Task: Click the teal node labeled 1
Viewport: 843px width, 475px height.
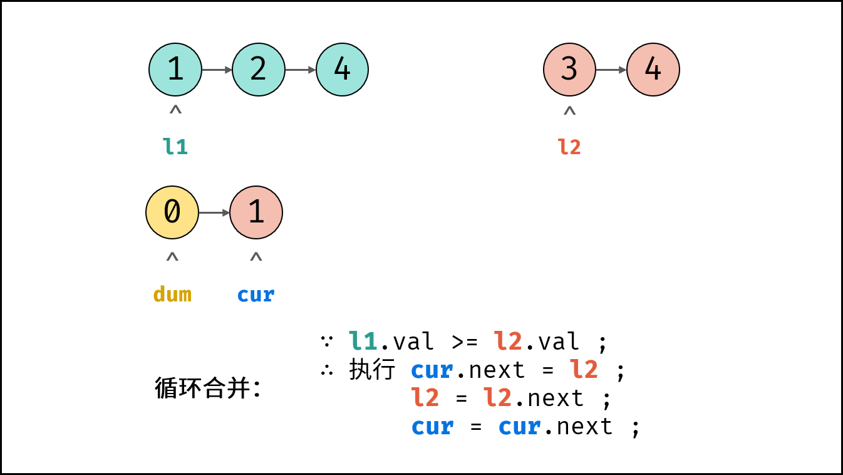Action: (x=175, y=70)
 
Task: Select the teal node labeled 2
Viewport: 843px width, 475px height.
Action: (x=259, y=70)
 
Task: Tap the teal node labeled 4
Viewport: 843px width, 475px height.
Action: (x=342, y=70)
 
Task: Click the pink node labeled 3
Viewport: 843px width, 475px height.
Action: (x=570, y=70)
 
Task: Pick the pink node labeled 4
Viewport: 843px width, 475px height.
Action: (x=653, y=70)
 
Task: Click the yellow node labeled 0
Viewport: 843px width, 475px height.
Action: (x=172, y=212)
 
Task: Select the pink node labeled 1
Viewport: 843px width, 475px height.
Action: (x=256, y=212)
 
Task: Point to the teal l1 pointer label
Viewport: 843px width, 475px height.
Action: (x=175, y=147)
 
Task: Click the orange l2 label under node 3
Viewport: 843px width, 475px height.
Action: (x=569, y=147)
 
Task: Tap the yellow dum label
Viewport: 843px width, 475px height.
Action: (x=172, y=294)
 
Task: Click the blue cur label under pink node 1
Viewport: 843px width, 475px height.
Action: (x=256, y=295)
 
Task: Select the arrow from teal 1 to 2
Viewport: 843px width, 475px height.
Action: (x=217, y=70)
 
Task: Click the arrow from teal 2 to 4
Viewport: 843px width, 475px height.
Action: (x=301, y=70)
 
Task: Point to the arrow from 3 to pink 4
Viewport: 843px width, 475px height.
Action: (x=611, y=70)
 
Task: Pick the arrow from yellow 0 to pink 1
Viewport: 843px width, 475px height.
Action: (x=214, y=213)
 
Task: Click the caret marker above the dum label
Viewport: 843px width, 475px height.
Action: (x=172, y=257)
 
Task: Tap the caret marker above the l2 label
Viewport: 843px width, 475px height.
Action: (x=570, y=111)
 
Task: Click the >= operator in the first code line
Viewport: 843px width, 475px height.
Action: (x=465, y=342)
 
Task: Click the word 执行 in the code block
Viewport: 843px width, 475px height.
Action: (x=372, y=370)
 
